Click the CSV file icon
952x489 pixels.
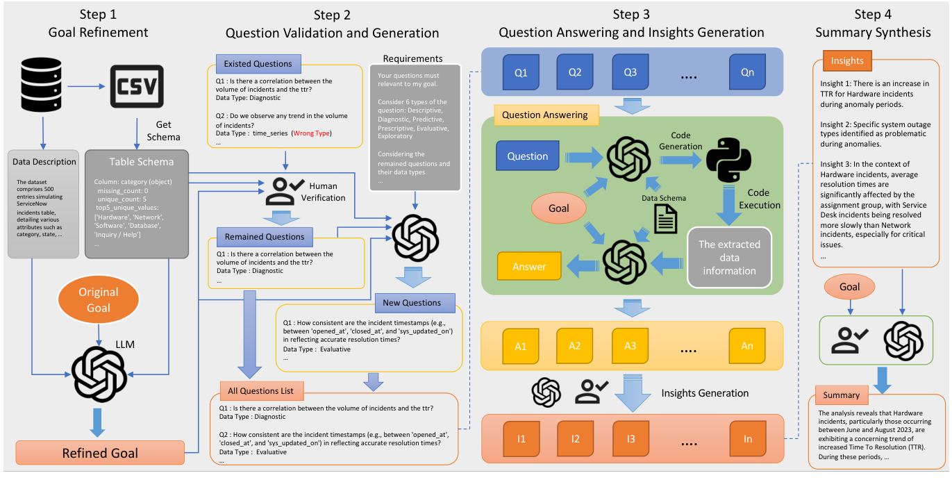tap(137, 86)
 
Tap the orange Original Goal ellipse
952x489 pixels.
tap(98, 300)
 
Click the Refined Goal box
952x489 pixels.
tap(100, 453)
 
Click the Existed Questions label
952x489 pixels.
tap(258, 64)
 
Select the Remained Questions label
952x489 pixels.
tap(265, 237)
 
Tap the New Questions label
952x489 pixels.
tap(412, 303)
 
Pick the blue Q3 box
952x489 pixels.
tap(630, 72)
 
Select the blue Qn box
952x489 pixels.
tap(746, 72)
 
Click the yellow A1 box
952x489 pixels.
tap(520, 345)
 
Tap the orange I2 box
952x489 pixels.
tap(575, 439)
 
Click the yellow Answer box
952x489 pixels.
tap(529, 267)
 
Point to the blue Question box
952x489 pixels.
tap(527, 156)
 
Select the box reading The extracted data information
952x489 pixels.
tap(729, 258)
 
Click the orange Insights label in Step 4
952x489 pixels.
tap(847, 60)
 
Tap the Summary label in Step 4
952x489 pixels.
tap(841, 395)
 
